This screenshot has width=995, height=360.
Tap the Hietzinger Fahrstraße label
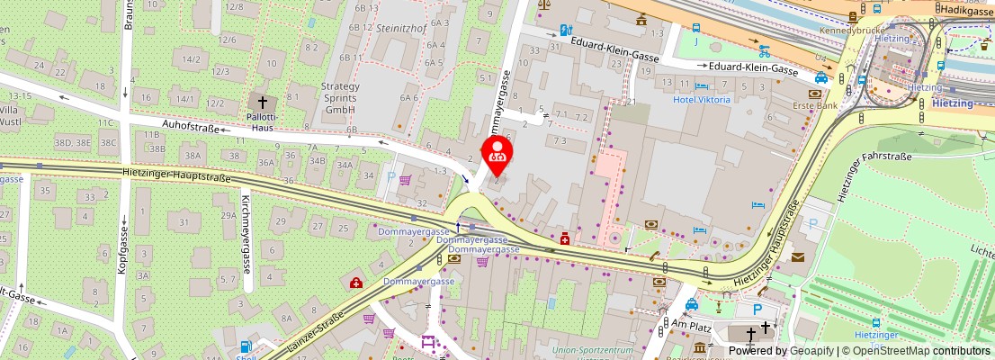(x=874, y=157)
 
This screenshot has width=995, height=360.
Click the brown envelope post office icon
(x=797, y=257)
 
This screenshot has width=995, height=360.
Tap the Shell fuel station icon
(x=246, y=346)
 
